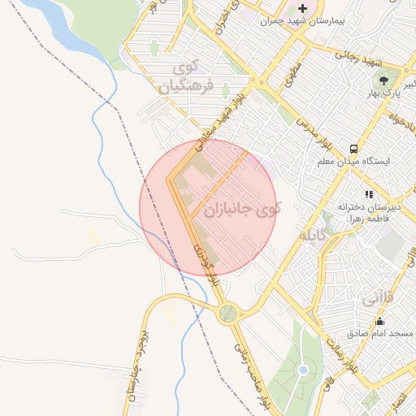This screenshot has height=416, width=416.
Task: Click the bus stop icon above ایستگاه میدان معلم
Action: coord(353,149)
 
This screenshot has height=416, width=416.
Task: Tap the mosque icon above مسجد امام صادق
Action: coord(379,322)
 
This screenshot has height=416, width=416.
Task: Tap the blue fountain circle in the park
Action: coord(303,370)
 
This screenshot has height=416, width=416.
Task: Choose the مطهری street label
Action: coord(293,76)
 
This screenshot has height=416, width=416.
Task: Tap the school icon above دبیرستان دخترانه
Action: coord(370,194)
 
